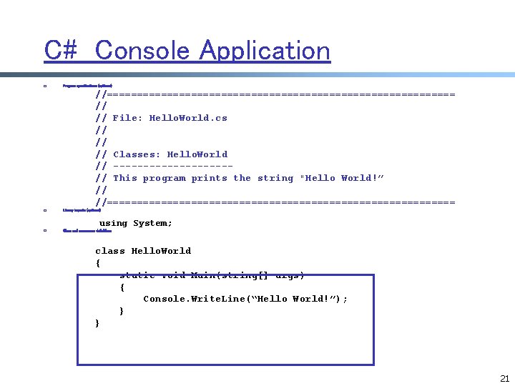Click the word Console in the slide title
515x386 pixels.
(x=143, y=51)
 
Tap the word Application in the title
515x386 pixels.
(x=265, y=51)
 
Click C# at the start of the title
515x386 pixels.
(x=62, y=51)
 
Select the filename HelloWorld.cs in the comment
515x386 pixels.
(x=188, y=118)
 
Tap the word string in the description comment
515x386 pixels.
(x=275, y=178)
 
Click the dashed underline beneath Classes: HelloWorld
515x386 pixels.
(x=172, y=167)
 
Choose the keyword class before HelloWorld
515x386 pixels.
(x=110, y=251)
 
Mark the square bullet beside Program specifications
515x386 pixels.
(x=44, y=86)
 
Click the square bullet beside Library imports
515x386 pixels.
(x=44, y=210)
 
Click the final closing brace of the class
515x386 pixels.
(x=98, y=323)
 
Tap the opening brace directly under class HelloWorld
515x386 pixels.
(x=98, y=263)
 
